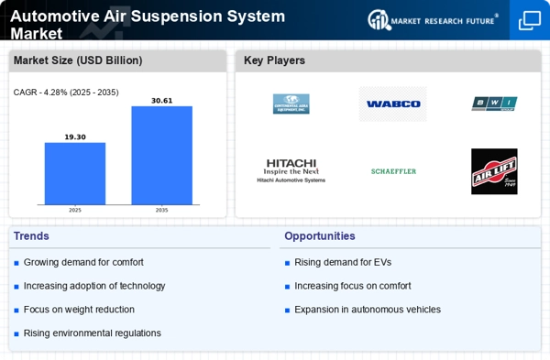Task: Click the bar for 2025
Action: coord(75,173)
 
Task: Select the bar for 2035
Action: coord(161,155)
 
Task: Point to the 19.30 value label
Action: coord(75,136)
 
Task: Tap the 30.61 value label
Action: coord(161,100)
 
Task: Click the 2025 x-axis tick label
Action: coord(75,210)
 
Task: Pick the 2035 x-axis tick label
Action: coord(161,210)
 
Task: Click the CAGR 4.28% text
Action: coord(66,93)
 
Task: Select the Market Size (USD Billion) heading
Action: coord(78,60)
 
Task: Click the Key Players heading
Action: coord(274,60)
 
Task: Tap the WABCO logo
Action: coord(392,104)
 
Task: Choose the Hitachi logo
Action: coord(291,170)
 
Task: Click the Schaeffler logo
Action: coord(393,171)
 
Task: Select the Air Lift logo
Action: coord(494,171)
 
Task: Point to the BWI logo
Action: coord(494,104)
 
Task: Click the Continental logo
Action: coord(291,104)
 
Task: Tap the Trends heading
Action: coord(31,236)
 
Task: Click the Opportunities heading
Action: coord(320,236)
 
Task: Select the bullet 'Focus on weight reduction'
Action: coord(79,310)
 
